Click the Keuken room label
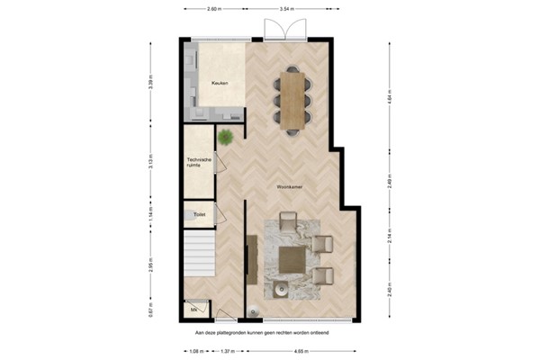(x=219, y=84)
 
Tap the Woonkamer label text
(x=289, y=186)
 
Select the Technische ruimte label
(x=199, y=163)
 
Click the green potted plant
(x=225, y=137)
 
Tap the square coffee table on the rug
(x=292, y=259)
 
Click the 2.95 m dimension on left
(x=151, y=267)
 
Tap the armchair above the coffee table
(x=289, y=221)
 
